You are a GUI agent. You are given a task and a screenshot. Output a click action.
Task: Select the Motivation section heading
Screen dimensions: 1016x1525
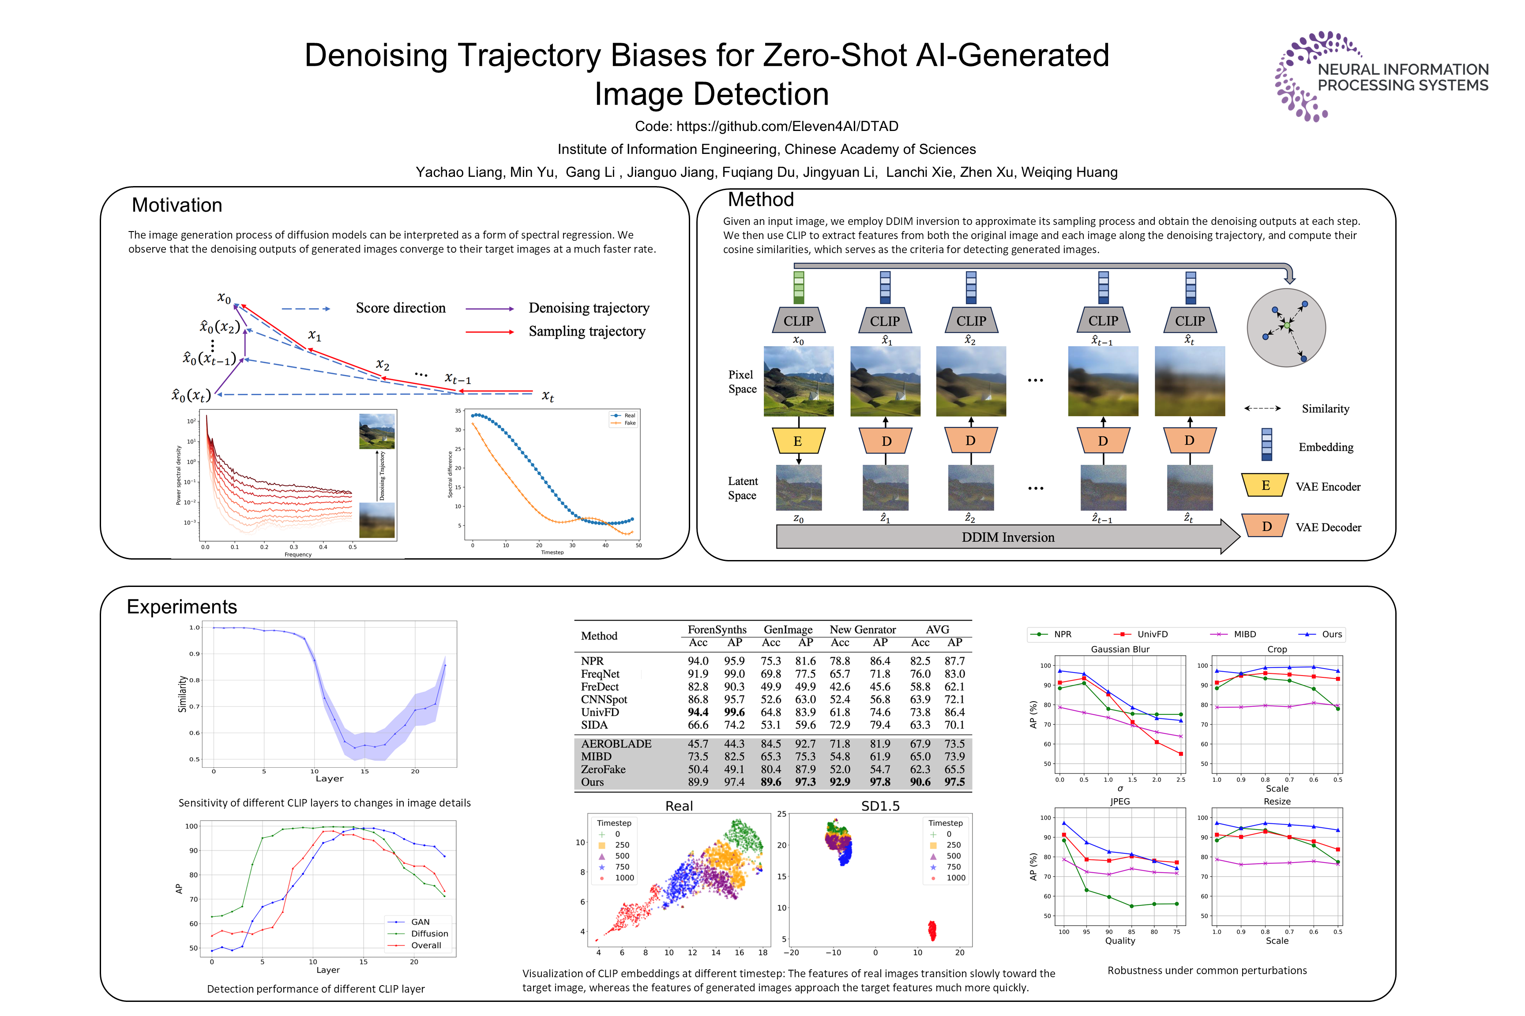pyautogui.click(x=177, y=205)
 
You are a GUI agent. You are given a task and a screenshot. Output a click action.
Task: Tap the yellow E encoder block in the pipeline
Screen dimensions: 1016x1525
pyautogui.click(x=798, y=441)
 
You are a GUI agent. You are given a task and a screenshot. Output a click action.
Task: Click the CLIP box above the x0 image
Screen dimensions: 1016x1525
pyautogui.click(x=798, y=321)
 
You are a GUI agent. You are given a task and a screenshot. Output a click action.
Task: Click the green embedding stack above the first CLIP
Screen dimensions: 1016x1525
pyautogui.click(x=798, y=288)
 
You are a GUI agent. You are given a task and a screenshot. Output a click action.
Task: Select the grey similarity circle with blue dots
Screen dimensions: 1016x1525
pyautogui.click(x=1286, y=328)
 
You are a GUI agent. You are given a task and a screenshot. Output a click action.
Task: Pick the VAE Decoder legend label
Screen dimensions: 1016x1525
pyautogui.click(x=1328, y=527)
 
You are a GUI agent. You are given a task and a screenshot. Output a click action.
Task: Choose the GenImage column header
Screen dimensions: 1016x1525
pyautogui.click(x=788, y=629)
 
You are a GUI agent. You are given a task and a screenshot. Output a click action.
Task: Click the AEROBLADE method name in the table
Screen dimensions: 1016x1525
pyautogui.click(x=616, y=744)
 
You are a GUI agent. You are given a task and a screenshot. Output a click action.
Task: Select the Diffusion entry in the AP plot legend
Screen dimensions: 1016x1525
pyautogui.click(x=429, y=934)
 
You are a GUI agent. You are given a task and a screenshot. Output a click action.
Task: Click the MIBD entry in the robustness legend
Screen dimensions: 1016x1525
pyautogui.click(x=1244, y=635)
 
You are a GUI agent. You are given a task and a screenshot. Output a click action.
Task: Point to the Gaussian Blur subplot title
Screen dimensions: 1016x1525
pyautogui.click(x=1120, y=649)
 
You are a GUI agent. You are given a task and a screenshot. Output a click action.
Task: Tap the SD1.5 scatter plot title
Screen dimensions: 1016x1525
pyautogui.click(x=880, y=806)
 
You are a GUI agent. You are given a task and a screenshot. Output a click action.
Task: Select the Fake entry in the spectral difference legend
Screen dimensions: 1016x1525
pyautogui.click(x=630, y=423)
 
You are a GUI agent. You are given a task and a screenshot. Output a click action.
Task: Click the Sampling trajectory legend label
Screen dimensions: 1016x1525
pyautogui.click(x=587, y=331)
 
